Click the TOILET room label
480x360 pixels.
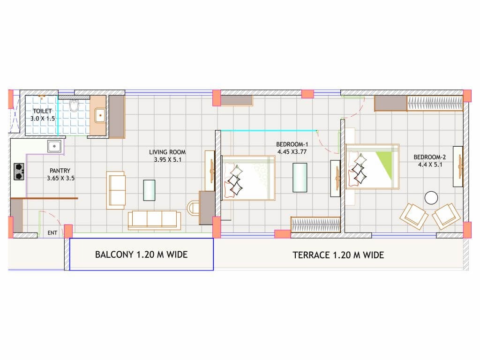point(42,111)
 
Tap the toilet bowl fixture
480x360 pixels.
point(74,105)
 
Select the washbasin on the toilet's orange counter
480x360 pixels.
point(100,115)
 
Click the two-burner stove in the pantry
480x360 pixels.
point(19,172)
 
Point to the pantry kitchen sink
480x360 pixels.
point(54,146)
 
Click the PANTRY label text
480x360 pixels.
point(60,171)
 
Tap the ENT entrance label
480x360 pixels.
point(52,232)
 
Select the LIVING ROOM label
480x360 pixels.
point(167,152)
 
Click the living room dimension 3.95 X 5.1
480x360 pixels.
point(167,159)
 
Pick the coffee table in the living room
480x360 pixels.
point(150,190)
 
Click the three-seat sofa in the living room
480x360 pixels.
point(154,220)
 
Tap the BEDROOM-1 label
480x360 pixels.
point(292,144)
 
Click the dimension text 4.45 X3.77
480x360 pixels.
point(292,151)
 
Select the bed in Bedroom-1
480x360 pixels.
point(248,178)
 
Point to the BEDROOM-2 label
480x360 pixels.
point(430,157)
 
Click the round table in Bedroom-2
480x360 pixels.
point(431,198)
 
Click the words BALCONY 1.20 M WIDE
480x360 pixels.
point(141,255)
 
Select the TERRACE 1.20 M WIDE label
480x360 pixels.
point(338,255)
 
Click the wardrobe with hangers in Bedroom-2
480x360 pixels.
point(435,103)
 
